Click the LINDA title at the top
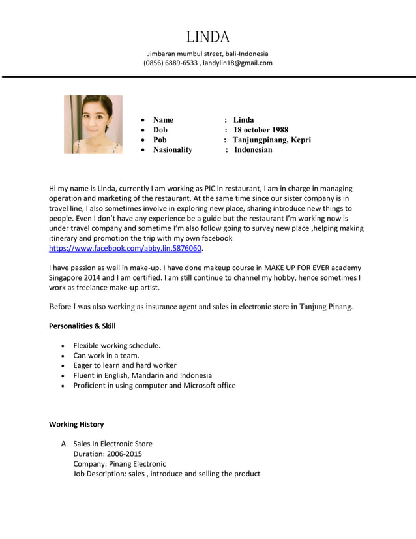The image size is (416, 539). pyautogui.click(x=207, y=36)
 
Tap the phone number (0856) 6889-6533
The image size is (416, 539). pyautogui.click(x=170, y=63)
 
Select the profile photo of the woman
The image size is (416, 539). pyautogui.click(x=93, y=125)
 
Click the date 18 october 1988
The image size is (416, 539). pyautogui.click(x=261, y=130)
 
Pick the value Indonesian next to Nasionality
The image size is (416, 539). pyautogui.click(x=253, y=150)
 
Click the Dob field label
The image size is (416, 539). pyautogui.click(x=160, y=130)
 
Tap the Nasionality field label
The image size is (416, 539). pyautogui.click(x=173, y=150)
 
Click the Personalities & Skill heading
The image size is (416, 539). pyautogui.click(x=82, y=326)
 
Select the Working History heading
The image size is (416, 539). pyautogui.click(x=76, y=424)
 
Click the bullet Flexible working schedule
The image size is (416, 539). pyautogui.click(x=117, y=345)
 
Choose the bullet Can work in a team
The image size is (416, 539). pyautogui.click(x=106, y=356)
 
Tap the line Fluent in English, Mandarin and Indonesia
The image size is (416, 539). pyautogui.click(x=142, y=375)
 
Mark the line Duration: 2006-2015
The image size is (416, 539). pyautogui.click(x=108, y=454)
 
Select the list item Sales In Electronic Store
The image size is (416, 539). pyautogui.click(x=113, y=444)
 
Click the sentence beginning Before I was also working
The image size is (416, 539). pyautogui.click(x=201, y=306)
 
